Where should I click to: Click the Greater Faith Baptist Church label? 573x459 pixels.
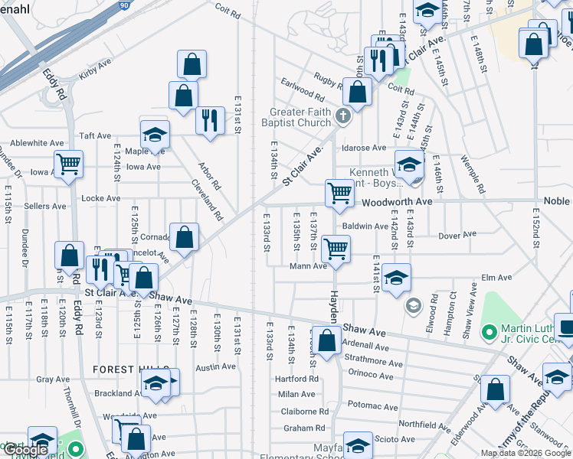pos(300,117)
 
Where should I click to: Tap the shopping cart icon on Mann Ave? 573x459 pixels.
pos(336,248)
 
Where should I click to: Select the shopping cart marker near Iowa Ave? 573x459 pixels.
pos(69,162)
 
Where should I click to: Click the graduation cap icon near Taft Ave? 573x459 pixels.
pos(155,134)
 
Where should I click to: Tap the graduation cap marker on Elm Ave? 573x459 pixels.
pos(396,277)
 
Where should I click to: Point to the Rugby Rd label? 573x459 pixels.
pos(328,78)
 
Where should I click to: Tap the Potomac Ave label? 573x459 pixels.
pos(373,406)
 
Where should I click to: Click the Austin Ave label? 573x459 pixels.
pos(215,366)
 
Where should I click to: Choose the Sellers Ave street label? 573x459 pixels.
pos(45,207)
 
